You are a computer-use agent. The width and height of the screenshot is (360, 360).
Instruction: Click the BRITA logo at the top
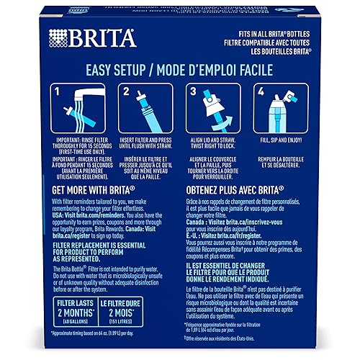tap(78, 38)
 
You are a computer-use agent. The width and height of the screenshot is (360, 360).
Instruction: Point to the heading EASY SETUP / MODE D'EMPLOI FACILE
tap(179, 71)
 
